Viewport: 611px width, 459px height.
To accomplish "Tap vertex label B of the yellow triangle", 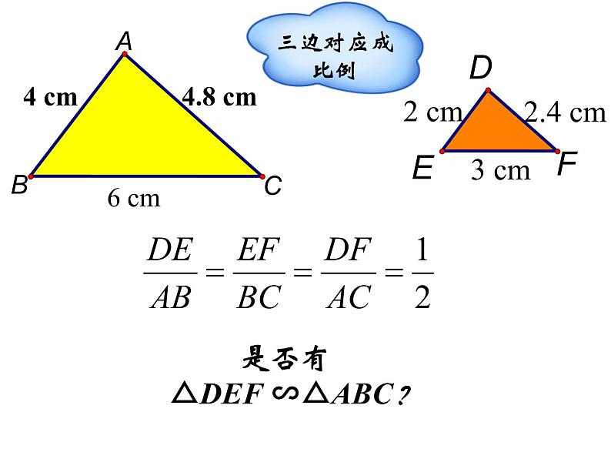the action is point(19,186).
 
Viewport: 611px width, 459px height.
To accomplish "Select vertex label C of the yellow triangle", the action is point(273,186).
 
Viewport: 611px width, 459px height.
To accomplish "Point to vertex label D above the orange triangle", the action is point(480,69).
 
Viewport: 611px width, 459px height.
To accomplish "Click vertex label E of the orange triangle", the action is point(422,167).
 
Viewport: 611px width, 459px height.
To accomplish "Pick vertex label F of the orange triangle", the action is point(566,164).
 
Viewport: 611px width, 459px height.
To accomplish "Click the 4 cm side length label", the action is point(51,97).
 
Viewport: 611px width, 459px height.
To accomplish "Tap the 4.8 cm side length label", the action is point(219,97).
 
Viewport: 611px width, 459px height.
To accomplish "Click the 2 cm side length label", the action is point(432,113).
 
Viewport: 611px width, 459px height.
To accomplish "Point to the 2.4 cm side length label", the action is point(566,113).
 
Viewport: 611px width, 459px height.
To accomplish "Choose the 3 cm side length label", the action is point(500,170).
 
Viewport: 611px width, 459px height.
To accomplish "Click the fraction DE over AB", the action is point(170,273).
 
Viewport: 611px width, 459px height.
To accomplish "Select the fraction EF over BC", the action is point(258,273).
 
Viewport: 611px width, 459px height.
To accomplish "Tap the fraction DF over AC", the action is point(349,273).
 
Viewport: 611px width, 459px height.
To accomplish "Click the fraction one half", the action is point(422,273).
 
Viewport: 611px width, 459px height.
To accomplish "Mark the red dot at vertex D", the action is point(488,91).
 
